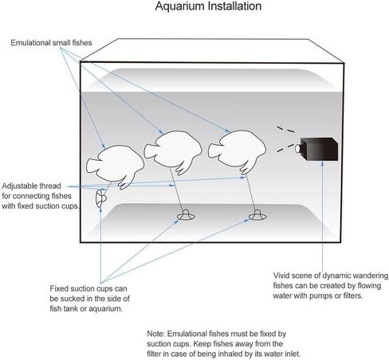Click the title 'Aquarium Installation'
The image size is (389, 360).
(208, 6)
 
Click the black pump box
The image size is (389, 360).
(319, 149)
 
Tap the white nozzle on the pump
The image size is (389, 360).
(297, 149)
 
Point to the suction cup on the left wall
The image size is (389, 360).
(100, 198)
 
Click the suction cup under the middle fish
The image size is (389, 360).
(186, 215)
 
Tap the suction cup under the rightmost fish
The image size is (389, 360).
(257, 215)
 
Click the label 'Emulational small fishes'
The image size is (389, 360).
(51, 43)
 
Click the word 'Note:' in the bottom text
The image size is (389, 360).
(156, 334)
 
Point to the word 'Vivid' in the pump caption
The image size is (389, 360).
(282, 276)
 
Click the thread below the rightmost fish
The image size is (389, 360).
(250, 193)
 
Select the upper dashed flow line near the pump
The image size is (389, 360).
(285, 129)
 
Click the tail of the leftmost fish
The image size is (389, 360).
(91, 166)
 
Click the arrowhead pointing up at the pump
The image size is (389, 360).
(322, 163)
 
